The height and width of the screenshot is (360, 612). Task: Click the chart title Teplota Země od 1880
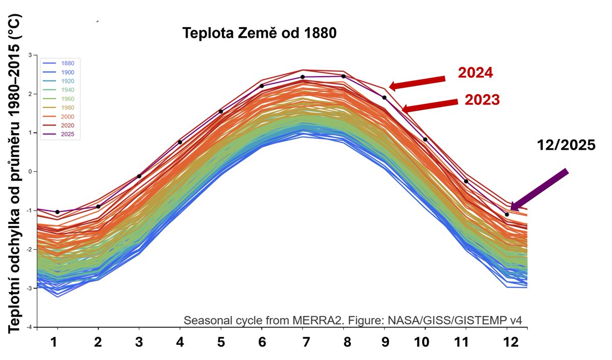pos(260,34)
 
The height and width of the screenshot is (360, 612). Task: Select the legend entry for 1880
pos(67,63)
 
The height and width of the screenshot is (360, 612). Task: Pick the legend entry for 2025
pos(67,135)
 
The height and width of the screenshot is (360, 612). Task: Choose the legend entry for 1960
pos(67,99)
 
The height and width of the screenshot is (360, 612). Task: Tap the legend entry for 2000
pos(67,117)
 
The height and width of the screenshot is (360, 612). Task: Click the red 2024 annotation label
pos(475,73)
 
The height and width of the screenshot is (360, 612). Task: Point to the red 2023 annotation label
pos(481,100)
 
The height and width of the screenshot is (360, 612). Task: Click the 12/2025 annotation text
pos(566,145)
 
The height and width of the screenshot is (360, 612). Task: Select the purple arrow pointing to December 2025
pos(539,190)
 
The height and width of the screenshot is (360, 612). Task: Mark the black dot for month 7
pos(302,77)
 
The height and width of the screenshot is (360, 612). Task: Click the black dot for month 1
pos(57,212)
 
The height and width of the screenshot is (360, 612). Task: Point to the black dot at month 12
pos(506,215)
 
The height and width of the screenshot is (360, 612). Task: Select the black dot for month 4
pos(180,142)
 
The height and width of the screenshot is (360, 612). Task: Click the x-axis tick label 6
pos(262,344)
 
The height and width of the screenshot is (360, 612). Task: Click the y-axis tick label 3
pos(30,55)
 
